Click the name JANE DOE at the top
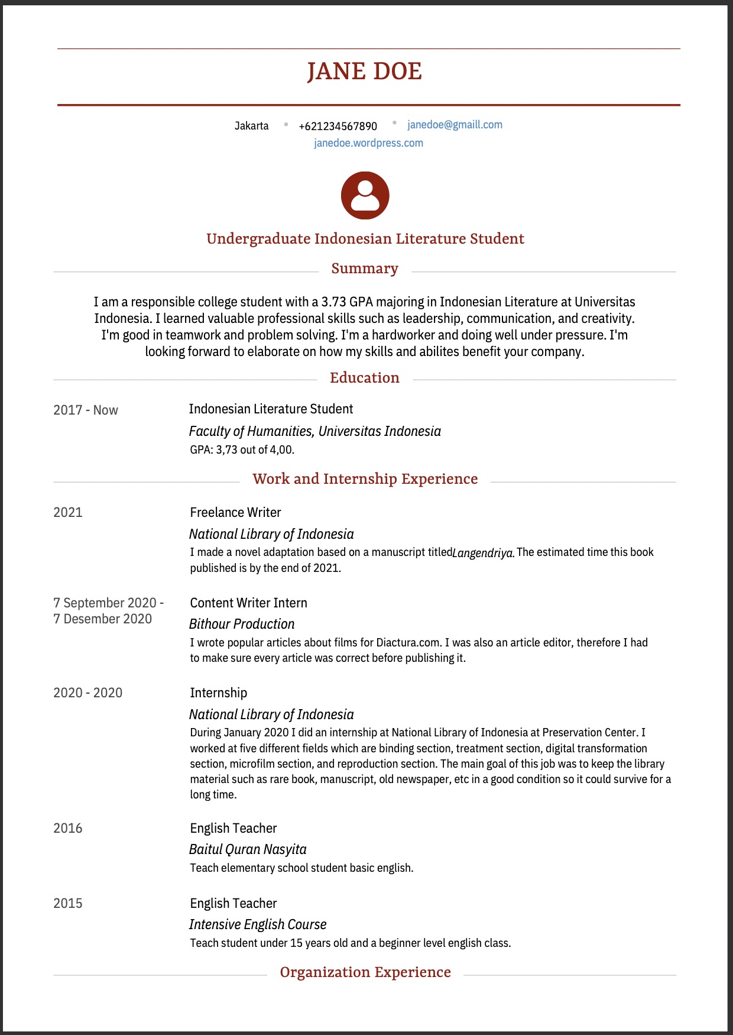(x=364, y=72)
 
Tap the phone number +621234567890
(x=338, y=126)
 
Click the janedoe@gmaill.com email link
(x=455, y=125)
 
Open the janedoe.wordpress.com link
(x=368, y=143)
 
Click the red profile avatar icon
(x=365, y=196)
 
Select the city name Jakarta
(x=251, y=126)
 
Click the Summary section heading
(x=365, y=269)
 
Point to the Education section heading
(x=365, y=378)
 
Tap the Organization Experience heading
(x=365, y=972)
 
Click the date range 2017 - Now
(x=86, y=410)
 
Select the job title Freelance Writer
(x=235, y=512)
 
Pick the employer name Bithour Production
(x=242, y=624)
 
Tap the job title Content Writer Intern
(x=248, y=603)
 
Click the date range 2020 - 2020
(x=88, y=693)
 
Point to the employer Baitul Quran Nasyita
(x=248, y=849)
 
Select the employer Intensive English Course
(x=258, y=924)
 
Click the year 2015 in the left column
(x=68, y=903)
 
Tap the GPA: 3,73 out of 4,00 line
(x=242, y=449)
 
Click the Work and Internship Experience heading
(x=365, y=479)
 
